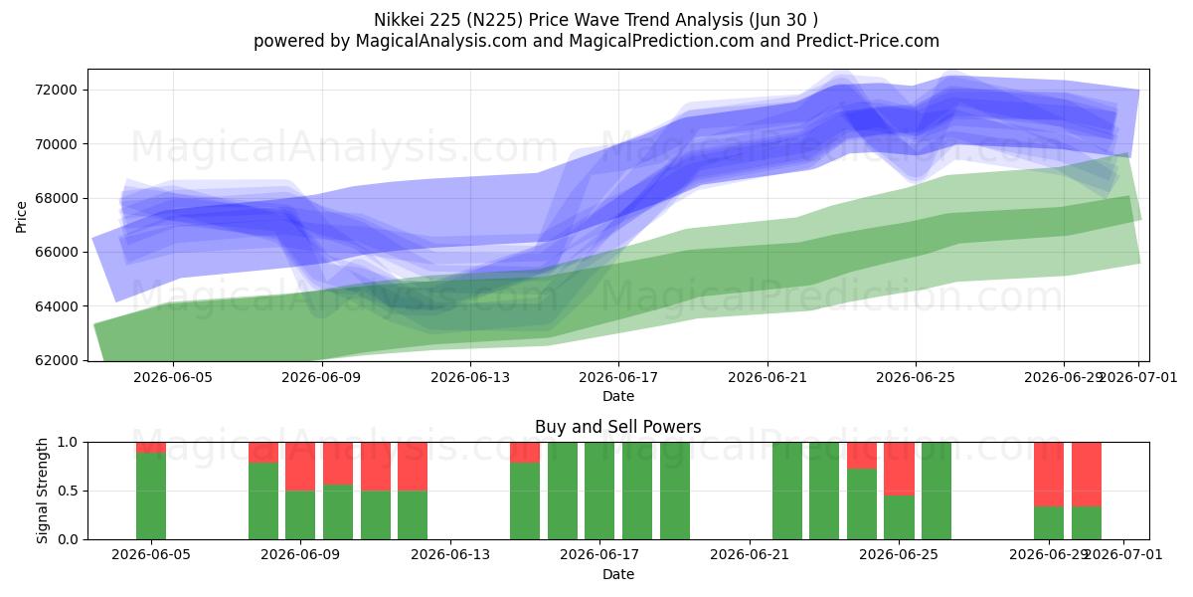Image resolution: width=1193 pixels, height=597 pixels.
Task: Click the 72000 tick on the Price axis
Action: pyautogui.click(x=56, y=90)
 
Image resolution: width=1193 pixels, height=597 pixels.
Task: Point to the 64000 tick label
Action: pyautogui.click(x=56, y=306)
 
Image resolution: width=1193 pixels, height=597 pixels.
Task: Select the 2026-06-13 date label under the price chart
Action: pyautogui.click(x=470, y=377)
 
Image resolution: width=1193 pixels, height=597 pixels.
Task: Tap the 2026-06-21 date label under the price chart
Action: pyautogui.click(x=767, y=377)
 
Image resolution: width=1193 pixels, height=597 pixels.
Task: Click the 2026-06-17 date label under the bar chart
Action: pyautogui.click(x=599, y=554)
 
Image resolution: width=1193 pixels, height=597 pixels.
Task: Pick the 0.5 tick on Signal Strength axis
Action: pyautogui.click(x=68, y=491)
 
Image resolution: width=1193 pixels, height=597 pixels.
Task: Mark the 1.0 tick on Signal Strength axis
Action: pyautogui.click(x=68, y=442)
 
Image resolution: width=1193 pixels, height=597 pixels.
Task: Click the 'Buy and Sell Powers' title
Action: pyautogui.click(x=617, y=427)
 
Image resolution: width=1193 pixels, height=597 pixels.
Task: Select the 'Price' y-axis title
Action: pyautogui.click(x=21, y=217)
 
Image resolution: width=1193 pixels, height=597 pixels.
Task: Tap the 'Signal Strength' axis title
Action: pyautogui.click(x=42, y=491)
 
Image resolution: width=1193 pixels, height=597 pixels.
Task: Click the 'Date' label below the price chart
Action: pyautogui.click(x=618, y=396)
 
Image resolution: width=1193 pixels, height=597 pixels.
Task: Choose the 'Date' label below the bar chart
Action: pyautogui.click(x=618, y=574)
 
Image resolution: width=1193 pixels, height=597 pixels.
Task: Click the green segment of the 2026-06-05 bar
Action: pyautogui.click(x=151, y=496)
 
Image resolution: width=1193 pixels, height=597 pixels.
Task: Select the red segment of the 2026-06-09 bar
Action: pyautogui.click(x=300, y=467)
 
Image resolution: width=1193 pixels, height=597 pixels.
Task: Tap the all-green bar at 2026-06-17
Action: pyautogui.click(x=599, y=491)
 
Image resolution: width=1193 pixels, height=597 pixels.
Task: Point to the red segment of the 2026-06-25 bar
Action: pyautogui.click(x=899, y=469)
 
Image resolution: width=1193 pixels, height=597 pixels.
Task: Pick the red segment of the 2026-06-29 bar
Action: pyautogui.click(x=1049, y=475)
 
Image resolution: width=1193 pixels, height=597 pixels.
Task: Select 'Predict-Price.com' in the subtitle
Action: pyautogui.click(x=868, y=41)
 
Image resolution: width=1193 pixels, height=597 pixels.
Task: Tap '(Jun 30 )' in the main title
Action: pyautogui.click(x=783, y=20)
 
